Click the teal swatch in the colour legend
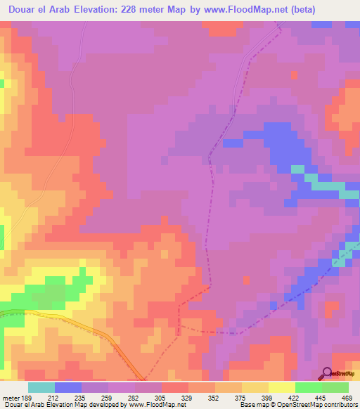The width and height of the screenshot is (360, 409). click(41, 387)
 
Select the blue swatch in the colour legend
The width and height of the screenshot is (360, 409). click(68, 387)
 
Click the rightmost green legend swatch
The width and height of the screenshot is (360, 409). click(335, 387)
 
